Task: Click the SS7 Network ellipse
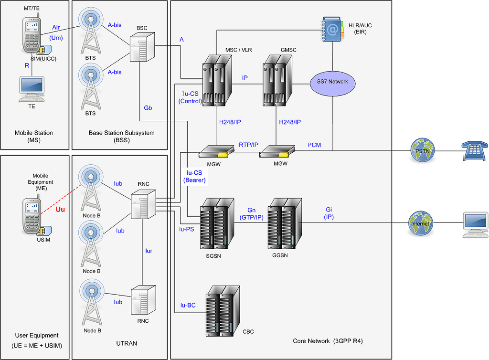point(332,82)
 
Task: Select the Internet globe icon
point(422,223)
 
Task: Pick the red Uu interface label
point(61,210)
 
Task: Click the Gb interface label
point(148,108)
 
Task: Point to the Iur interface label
point(149,250)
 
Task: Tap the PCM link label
point(314,144)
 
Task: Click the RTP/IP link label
point(248,144)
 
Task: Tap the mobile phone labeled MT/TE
point(32,35)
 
